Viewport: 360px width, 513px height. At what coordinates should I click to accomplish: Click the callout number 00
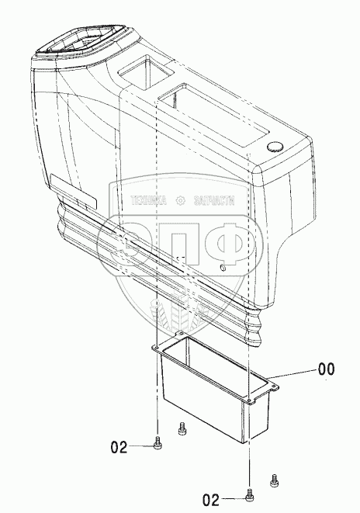(x=327, y=369)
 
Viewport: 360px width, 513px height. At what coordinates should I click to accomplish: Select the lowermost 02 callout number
(x=211, y=500)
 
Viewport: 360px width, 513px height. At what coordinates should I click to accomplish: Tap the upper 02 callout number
(x=119, y=447)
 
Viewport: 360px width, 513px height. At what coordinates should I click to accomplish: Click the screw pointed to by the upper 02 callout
(x=157, y=442)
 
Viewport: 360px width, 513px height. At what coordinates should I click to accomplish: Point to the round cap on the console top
(x=275, y=147)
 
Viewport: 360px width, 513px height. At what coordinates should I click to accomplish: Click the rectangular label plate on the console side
(x=73, y=192)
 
